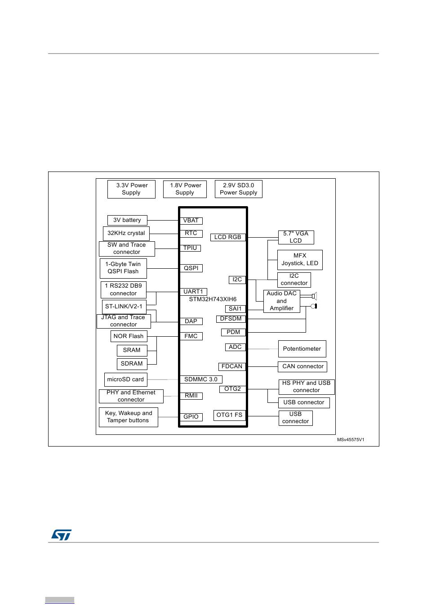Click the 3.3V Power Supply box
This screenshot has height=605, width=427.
pos(131,189)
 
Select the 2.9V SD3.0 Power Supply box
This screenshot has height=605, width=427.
pos(238,189)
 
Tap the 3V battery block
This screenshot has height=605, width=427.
pos(127,220)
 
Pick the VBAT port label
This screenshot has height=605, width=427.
pos(191,221)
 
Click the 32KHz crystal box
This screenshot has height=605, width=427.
pos(126,233)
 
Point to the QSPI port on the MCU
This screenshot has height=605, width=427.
pos(191,268)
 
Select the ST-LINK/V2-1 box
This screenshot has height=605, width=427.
pos(124,307)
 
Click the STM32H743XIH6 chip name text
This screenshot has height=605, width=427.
pos(213,299)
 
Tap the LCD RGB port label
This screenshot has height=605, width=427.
pos(228,237)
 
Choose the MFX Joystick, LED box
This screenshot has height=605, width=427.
pos(300,260)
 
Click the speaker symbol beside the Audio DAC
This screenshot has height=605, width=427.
pos(314,296)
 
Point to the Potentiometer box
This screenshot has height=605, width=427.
pos(302,349)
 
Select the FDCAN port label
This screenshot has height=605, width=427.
pos(232,366)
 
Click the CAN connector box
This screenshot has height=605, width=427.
pos(302,366)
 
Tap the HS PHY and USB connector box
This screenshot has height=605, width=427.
pos(307,387)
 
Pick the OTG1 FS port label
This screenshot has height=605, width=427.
pos(229,415)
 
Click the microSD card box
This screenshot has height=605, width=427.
pos(125,379)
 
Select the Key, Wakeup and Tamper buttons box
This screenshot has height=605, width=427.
pos(129,417)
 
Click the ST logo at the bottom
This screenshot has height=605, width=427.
pos(61,534)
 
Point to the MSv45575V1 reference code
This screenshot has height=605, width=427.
pos(351,440)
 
